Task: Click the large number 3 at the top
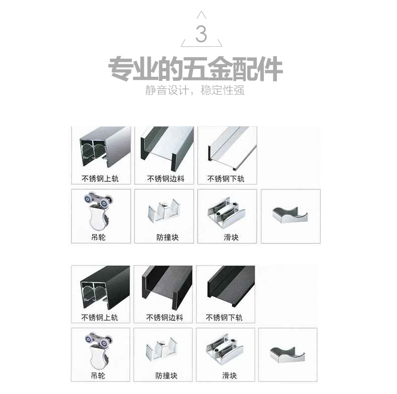202,34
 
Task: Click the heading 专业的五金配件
195,69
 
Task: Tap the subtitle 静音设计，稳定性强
194,90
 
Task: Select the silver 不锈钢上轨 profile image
105,147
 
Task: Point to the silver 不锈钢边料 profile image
167,148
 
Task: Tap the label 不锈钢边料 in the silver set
166,179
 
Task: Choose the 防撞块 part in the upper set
164,210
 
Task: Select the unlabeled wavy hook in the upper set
290,215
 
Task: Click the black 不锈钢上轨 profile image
105,286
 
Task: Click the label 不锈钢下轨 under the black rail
224,318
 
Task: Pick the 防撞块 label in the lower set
166,376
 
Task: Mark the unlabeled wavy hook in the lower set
287,355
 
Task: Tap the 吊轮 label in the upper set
98,237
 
